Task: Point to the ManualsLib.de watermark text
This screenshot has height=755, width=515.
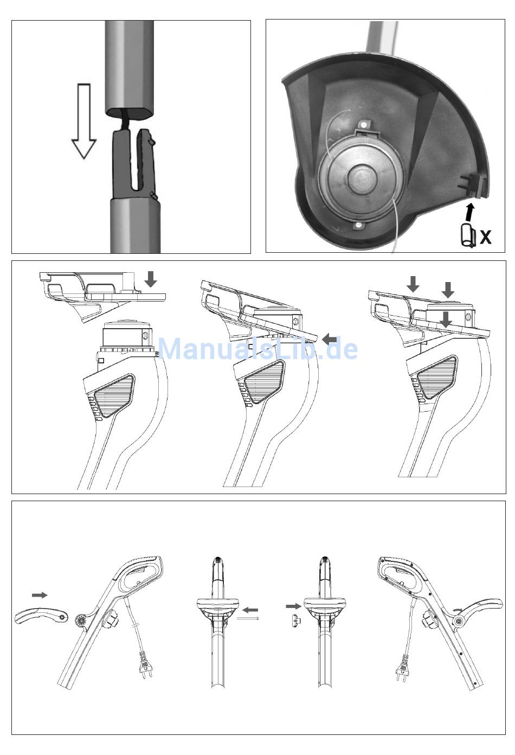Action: pyautogui.click(x=257, y=348)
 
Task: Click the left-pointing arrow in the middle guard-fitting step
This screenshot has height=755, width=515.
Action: pyautogui.click(x=329, y=340)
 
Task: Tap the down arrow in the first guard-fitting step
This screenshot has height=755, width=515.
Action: pyautogui.click(x=151, y=279)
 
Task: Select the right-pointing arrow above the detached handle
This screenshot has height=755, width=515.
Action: pyautogui.click(x=39, y=595)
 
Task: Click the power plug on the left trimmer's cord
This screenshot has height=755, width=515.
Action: pyautogui.click(x=145, y=667)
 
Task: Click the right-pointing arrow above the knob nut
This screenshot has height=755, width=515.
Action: pyautogui.click(x=293, y=605)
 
